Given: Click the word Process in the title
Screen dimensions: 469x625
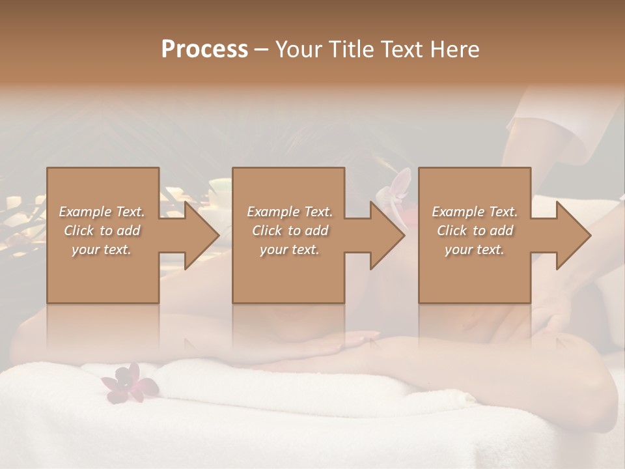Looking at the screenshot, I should (204, 50).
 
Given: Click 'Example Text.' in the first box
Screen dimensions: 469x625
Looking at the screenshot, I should (102, 212).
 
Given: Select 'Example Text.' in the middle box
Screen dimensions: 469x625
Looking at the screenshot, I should (290, 212).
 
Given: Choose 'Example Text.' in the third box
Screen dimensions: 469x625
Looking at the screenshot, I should (475, 212).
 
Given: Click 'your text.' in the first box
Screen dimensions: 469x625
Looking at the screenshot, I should (102, 249).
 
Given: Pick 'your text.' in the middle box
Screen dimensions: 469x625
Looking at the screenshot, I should (290, 249).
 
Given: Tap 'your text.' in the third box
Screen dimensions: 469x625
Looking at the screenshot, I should (475, 249).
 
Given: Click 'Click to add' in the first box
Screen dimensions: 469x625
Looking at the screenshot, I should (102, 231).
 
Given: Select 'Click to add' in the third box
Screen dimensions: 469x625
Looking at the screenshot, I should (475, 231).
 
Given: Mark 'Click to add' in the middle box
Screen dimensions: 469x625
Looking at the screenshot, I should (290, 231).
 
